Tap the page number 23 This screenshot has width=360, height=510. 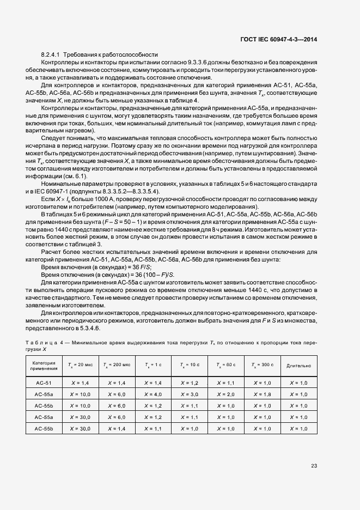(x=314, y=465)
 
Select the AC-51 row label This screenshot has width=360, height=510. (x=43, y=383)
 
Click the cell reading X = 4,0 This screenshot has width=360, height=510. (x=151, y=394)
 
